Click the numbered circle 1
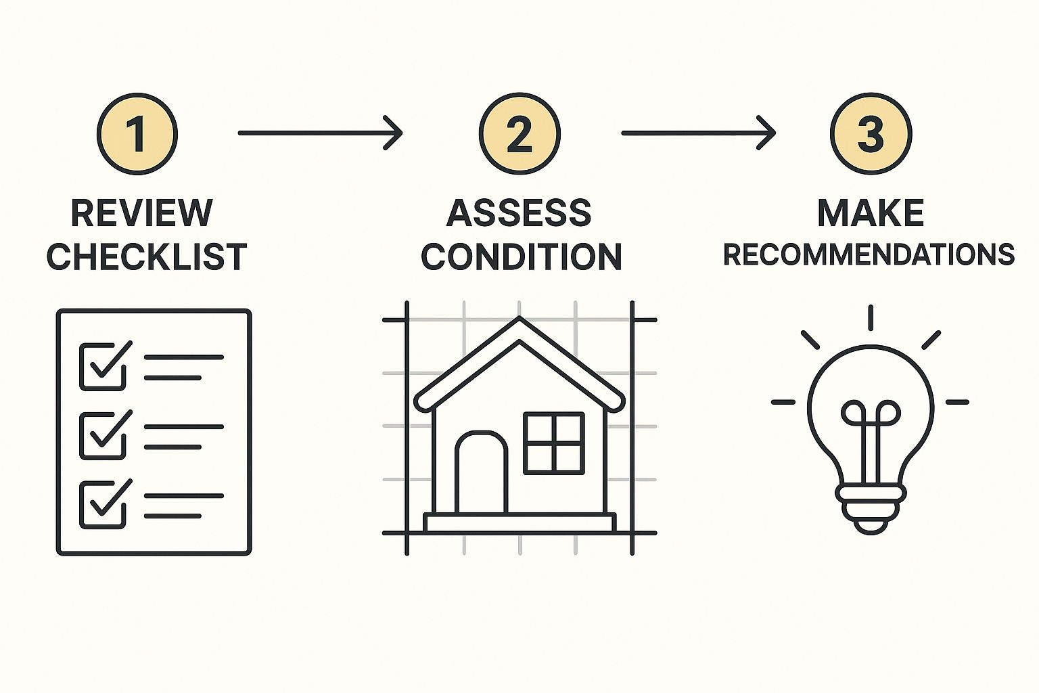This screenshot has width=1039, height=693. (137, 134)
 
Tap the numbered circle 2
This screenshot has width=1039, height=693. (519, 134)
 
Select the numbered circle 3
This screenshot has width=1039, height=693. (871, 134)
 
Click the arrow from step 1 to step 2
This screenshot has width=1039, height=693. (320, 133)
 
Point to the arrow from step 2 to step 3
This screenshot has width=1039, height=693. (699, 133)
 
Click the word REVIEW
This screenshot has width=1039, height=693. (142, 213)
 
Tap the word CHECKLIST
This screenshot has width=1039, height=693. (147, 256)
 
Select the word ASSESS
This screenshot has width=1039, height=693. (519, 213)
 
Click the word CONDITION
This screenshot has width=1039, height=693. (522, 256)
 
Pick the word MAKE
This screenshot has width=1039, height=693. (871, 213)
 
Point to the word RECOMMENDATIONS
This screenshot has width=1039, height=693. (869, 255)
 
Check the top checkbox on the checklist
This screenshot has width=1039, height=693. (103, 367)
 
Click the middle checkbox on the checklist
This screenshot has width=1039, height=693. (103, 436)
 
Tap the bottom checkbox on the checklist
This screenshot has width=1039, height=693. (103, 505)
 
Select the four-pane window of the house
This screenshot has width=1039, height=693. (554, 443)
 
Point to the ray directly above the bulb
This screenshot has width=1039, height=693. (871, 318)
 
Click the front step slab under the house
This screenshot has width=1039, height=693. (520, 522)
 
